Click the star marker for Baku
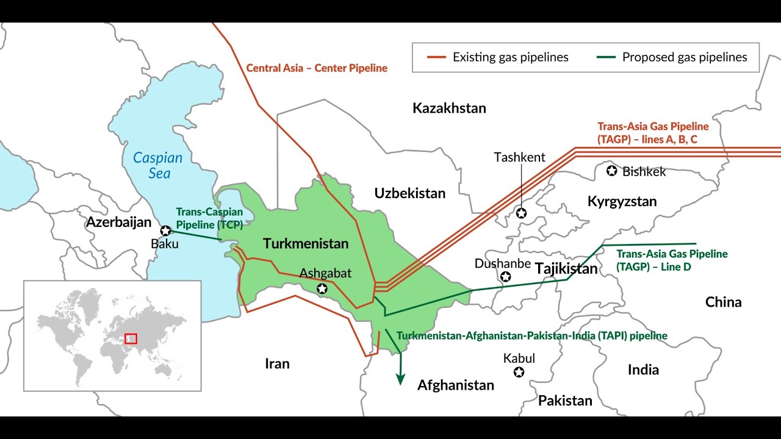(x=165, y=230)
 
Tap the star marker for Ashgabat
(x=322, y=288)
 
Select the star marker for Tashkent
(x=521, y=213)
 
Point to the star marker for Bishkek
(x=611, y=171)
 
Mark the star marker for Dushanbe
(x=505, y=277)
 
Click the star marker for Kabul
(x=519, y=372)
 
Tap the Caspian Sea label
(x=158, y=165)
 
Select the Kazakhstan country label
(x=449, y=109)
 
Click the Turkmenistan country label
(x=306, y=244)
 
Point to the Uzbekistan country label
(x=410, y=193)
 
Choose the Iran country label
(x=277, y=364)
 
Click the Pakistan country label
(x=565, y=401)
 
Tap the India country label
(x=643, y=369)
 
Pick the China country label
(x=723, y=302)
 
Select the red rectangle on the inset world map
(x=131, y=338)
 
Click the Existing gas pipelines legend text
(x=510, y=57)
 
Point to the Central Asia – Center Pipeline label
(x=317, y=68)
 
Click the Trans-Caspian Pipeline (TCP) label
(x=209, y=218)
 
